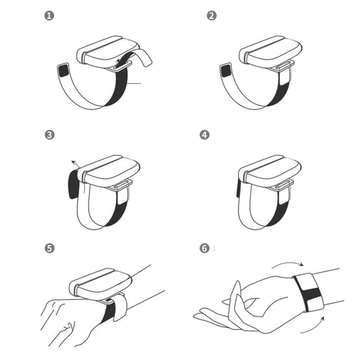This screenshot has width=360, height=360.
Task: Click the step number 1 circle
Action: (49, 16)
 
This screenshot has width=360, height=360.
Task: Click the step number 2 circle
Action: (211, 16)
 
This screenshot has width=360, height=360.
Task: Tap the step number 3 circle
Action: (49, 135)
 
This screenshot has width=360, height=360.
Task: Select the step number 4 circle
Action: (205, 135)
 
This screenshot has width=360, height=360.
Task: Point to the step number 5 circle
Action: (49, 248)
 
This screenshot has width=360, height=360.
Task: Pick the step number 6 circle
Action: (205, 248)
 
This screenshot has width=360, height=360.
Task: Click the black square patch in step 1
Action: (64, 70)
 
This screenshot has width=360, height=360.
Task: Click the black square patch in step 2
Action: (226, 70)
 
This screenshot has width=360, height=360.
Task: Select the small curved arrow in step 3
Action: (76, 163)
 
